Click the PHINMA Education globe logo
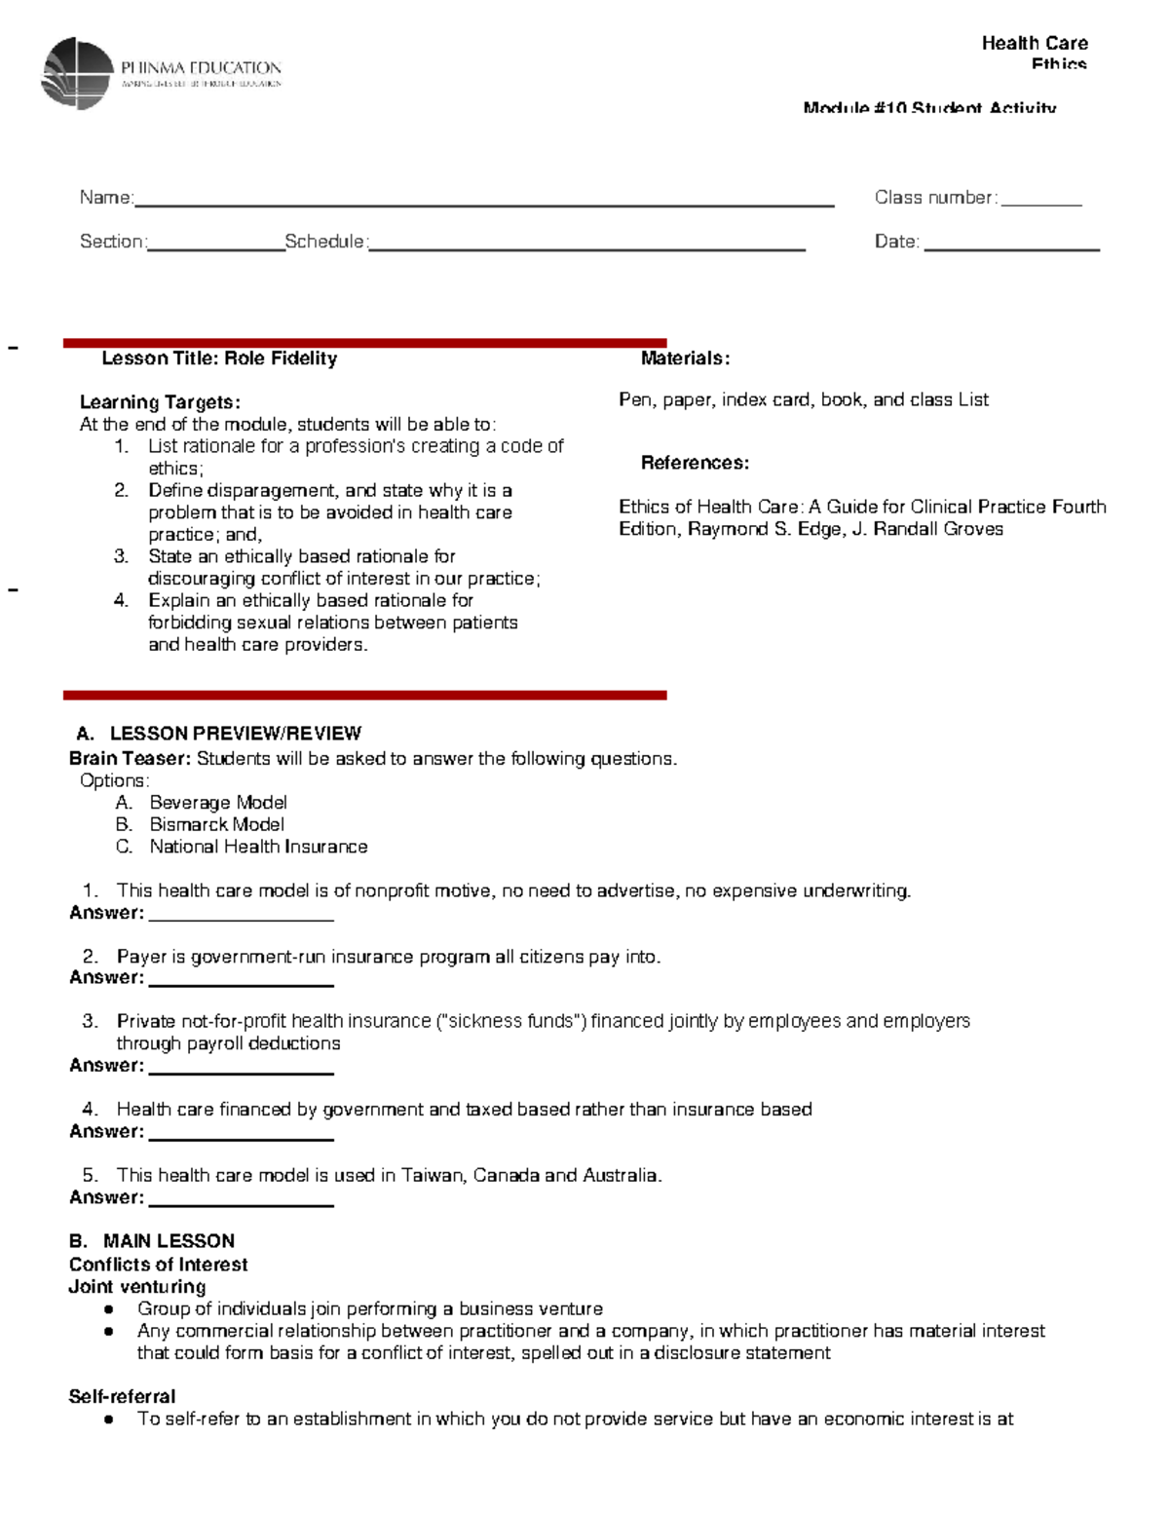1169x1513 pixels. pyautogui.click(x=77, y=73)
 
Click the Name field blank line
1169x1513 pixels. pyautogui.click(x=484, y=204)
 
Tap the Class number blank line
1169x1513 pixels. pyautogui.click(x=1040, y=203)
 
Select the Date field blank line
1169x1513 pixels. pyautogui.click(x=1011, y=248)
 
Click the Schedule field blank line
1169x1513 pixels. pyautogui.click(x=586, y=248)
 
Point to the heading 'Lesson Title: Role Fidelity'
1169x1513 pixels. pyautogui.click(x=219, y=359)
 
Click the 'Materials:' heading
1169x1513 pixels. pyautogui.click(x=685, y=359)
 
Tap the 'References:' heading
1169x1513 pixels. pyautogui.click(x=695, y=463)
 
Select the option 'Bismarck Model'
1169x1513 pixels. pyautogui.click(x=216, y=824)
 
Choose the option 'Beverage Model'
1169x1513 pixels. pyautogui.click(x=217, y=803)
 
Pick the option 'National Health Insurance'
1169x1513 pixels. pyautogui.click(x=258, y=847)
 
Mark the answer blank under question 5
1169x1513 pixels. pyautogui.click(x=241, y=1204)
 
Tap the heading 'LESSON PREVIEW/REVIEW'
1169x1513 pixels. pyautogui.click(x=235, y=734)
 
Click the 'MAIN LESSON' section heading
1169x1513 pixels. pyautogui.click(x=169, y=1241)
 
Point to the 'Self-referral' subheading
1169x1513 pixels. pyautogui.click(x=122, y=1396)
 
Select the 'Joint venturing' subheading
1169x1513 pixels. pyautogui.click(x=136, y=1286)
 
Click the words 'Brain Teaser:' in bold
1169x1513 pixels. pyautogui.click(x=130, y=758)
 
